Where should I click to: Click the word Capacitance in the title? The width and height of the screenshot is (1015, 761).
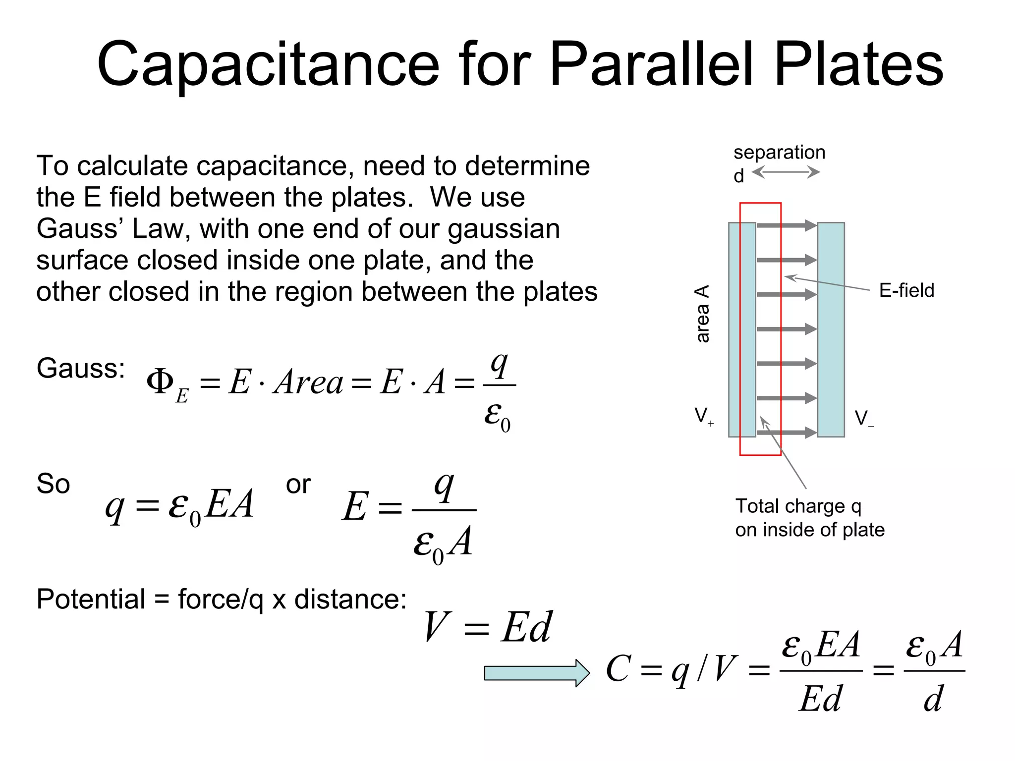(x=268, y=64)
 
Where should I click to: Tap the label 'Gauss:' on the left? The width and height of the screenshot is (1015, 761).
(x=81, y=368)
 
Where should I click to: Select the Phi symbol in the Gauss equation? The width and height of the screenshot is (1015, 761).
(x=160, y=381)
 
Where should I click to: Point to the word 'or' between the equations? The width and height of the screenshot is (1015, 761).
(x=298, y=484)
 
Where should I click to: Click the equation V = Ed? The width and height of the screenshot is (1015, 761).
(x=488, y=627)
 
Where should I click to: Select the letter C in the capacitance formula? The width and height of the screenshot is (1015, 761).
(x=619, y=669)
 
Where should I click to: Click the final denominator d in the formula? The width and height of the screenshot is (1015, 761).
(x=933, y=699)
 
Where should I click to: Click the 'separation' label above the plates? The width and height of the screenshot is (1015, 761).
(x=779, y=152)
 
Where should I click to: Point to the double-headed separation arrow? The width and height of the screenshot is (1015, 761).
(x=786, y=172)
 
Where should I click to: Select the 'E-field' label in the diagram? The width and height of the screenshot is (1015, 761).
(x=906, y=290)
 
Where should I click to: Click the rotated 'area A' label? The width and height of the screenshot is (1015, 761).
(x=702, y=313)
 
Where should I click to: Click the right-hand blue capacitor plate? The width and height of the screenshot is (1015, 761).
(x=831, y=329)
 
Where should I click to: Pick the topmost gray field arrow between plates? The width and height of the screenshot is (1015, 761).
(x=787, y=226)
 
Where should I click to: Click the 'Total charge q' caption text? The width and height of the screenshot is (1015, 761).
(x=798, y=506)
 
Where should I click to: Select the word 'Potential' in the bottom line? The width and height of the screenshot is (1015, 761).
(x=91, y=599)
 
